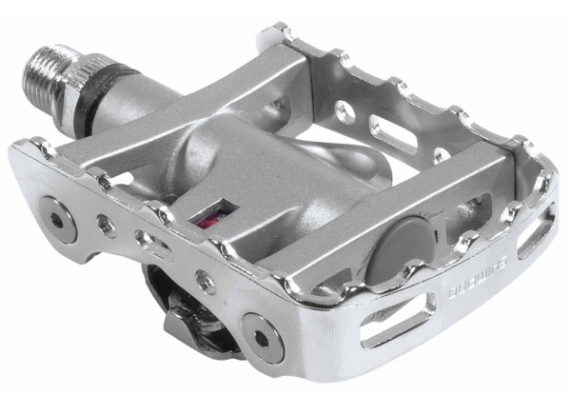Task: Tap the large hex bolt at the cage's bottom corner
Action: click(258, 332)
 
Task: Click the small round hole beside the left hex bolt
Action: click(106, 228)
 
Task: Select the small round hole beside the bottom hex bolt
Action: click(202, 279)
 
